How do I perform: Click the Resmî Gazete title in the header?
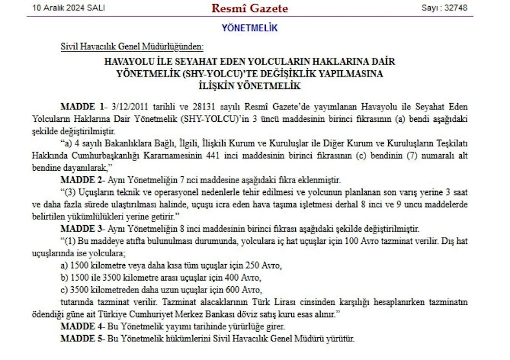click(249, 9)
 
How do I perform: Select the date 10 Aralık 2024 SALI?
click(69, 8)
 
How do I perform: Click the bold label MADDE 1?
click(82, 107)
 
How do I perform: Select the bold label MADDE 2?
click(82, 181)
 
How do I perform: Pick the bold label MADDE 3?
click(82, 228)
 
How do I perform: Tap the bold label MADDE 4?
click(82, 328)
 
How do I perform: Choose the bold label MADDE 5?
click(82, 338)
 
